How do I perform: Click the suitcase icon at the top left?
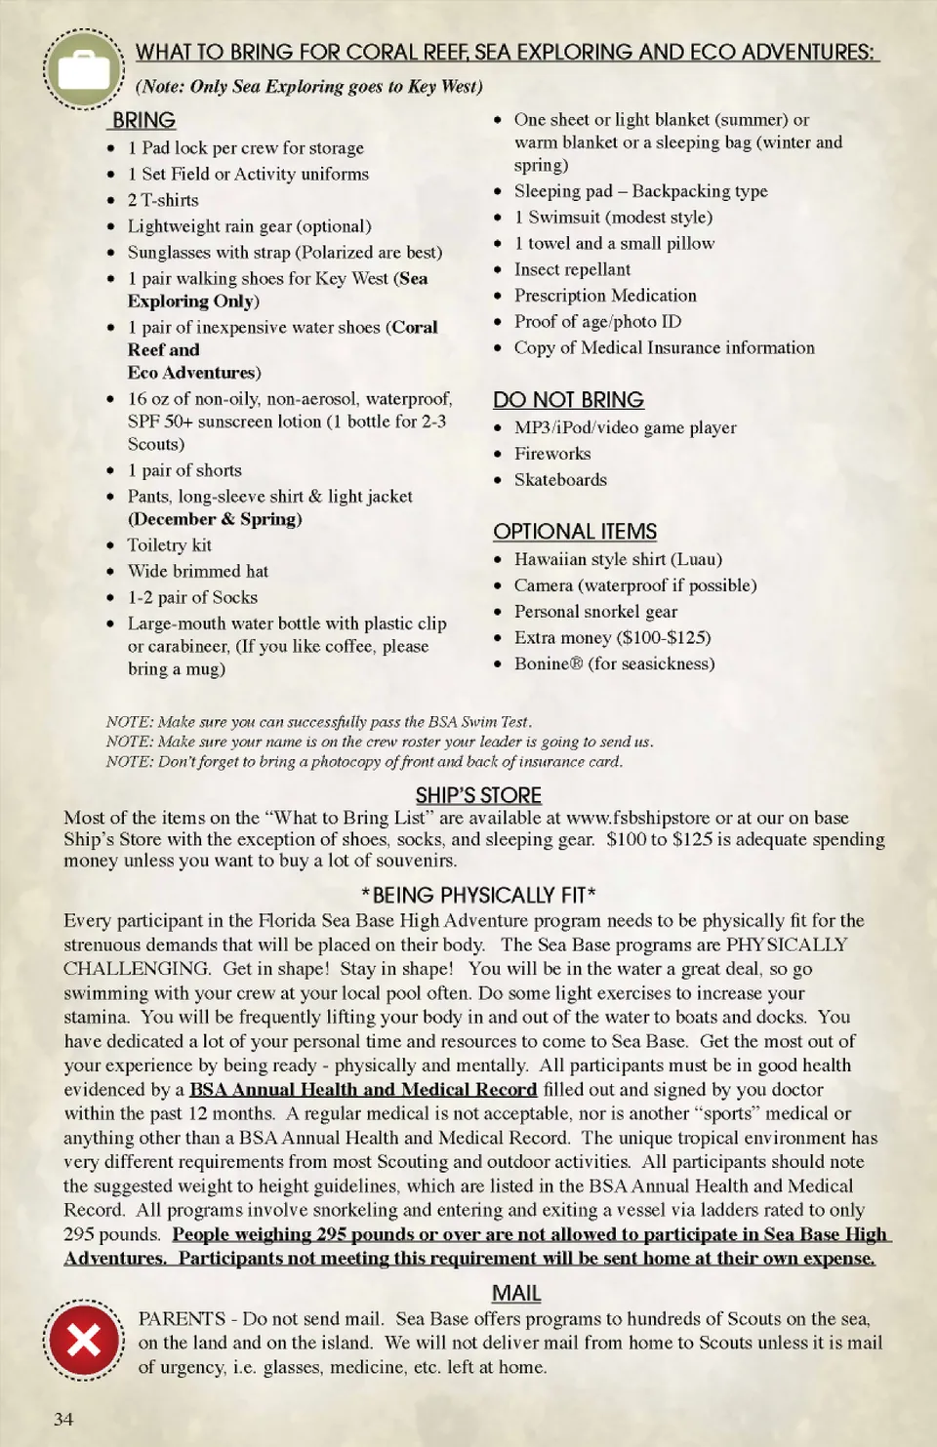[83, 69]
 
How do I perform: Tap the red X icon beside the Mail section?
[83, 1341]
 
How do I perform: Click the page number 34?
[63, 1419]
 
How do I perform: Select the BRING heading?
[143, 120]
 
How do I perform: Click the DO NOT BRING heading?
[568, 400]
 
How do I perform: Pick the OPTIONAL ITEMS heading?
[575, 532]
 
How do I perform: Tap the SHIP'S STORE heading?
[478, 795]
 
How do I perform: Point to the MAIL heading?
[516, 1294]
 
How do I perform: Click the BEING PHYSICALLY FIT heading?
[478, 895]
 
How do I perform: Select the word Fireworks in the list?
[552, 454]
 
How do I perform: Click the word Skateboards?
[560, 480]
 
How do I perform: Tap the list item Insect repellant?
[572, 269]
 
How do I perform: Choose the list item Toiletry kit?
[169, 545]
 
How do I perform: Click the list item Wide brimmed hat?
[197, 572]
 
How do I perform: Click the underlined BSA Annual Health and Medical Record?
[363, 1090]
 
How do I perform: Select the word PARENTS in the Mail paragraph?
[182, 1319]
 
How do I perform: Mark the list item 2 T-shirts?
[163, 200]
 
